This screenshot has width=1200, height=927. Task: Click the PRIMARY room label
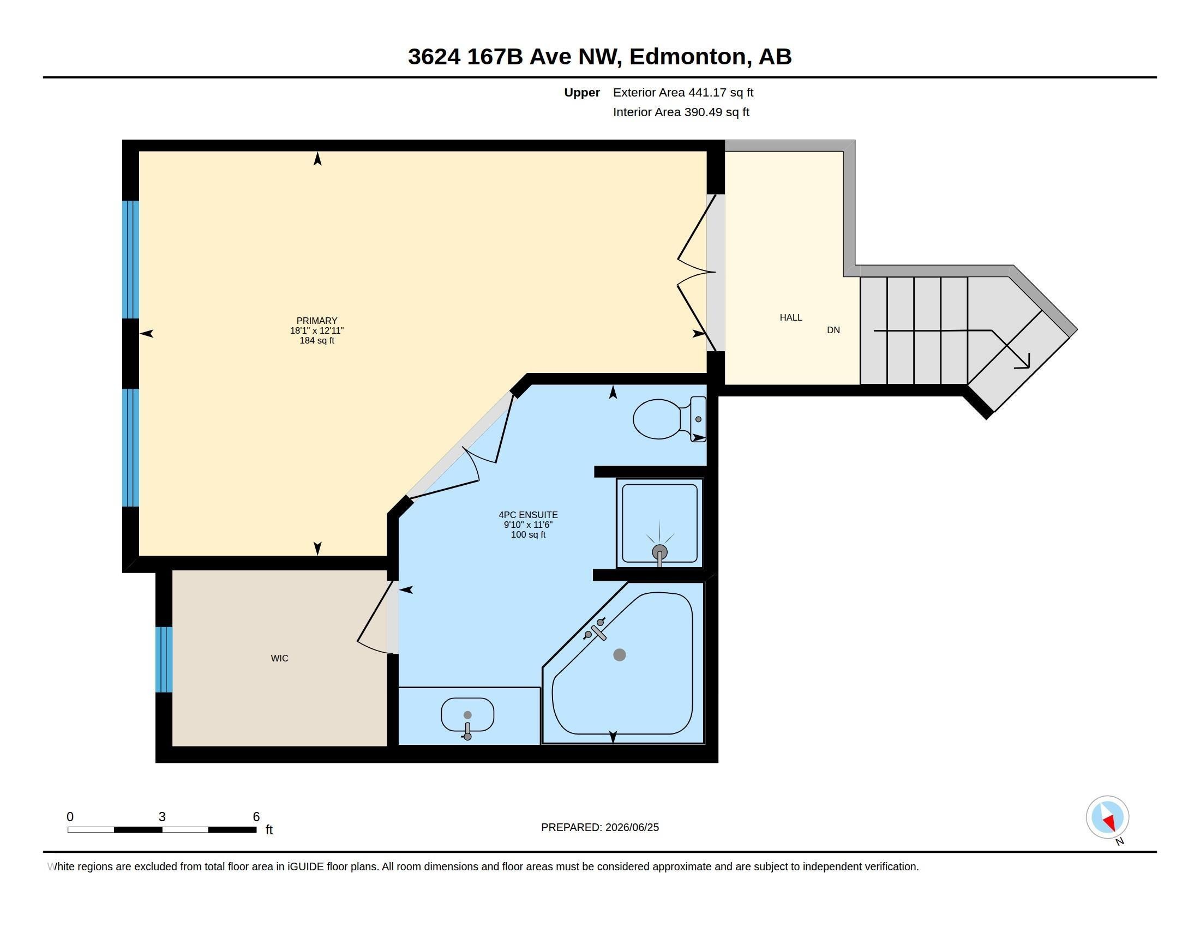coord(316,321)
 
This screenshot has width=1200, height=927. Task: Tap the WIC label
coord(279,658)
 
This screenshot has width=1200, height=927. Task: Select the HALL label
coord(791,317)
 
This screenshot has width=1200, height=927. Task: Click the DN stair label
coord(833,330)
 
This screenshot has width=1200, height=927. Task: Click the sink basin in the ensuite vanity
coord(467,714)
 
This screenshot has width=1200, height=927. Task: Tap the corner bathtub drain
coord(619,654)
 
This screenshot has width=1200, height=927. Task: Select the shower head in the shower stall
coord(659,552)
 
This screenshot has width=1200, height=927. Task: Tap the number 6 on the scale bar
coord(256,817)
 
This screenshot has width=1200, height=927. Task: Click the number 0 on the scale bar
coord(70,817)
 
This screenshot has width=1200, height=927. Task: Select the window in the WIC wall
coord(164,659)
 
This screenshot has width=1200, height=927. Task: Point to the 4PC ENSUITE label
coord(528,515)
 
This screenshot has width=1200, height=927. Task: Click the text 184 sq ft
coord(316,340)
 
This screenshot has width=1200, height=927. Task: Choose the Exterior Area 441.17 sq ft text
coord(683,92)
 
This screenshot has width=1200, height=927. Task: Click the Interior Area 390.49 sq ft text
coord(681,112)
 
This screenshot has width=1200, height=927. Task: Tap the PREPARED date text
coord(600,827)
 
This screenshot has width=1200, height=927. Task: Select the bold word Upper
coord(582,93)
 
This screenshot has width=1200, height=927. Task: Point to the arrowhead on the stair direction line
coord(1023,363)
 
